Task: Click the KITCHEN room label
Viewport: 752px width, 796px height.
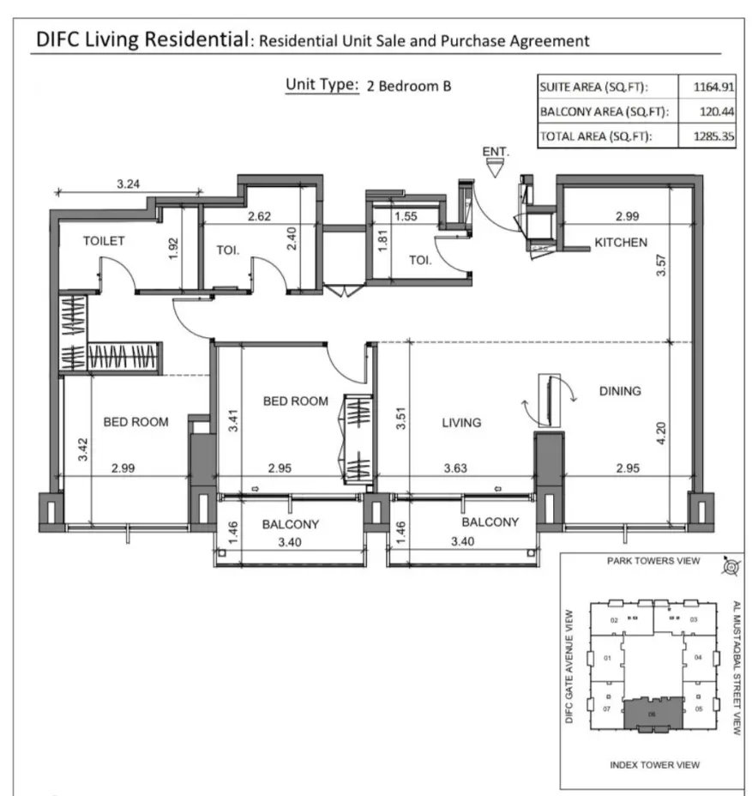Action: click(x=621, y=243)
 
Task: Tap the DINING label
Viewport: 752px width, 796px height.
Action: click(x=620, y=391)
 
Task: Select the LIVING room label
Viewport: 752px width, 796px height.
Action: click(x=461, y=422)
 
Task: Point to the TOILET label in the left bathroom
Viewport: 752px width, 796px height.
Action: click(x=104, y=241)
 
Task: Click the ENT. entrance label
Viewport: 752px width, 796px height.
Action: click(x=496, y=152)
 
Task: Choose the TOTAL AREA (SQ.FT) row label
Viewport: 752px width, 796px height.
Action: click(x=594, y=136)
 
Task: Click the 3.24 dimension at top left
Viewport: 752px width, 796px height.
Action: click(x=129, y=183)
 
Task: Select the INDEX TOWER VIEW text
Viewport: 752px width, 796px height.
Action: click(x=654, y=764)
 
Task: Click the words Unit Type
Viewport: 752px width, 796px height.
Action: click(x=322, y=85)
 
